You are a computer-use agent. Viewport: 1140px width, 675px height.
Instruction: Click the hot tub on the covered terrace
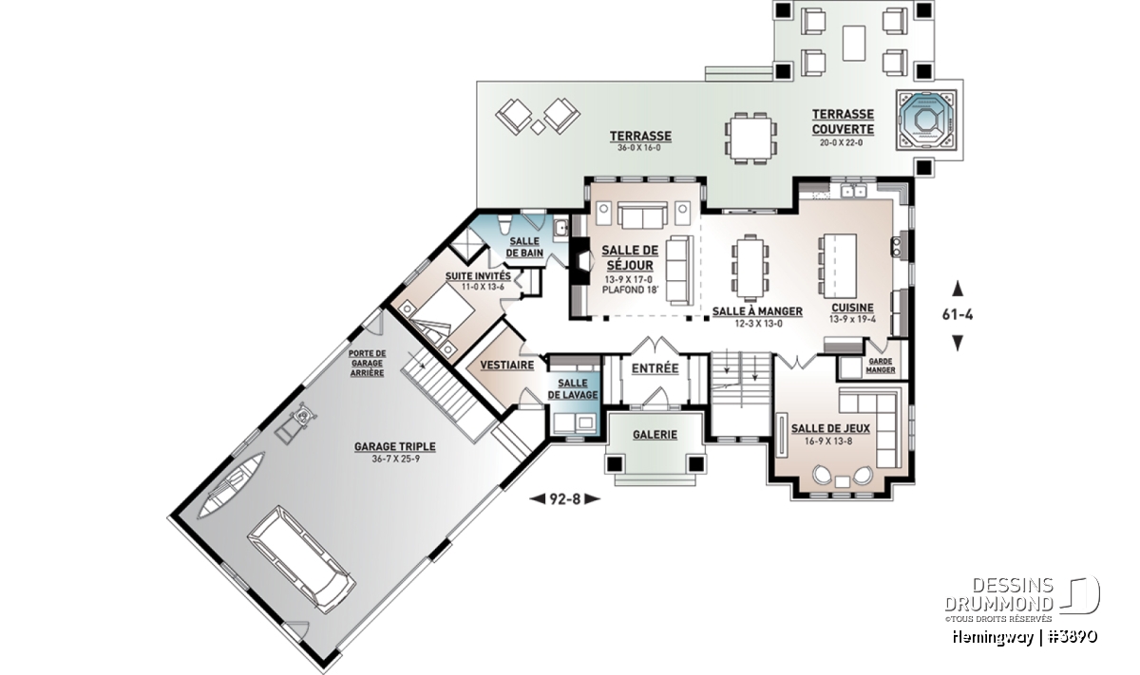pyautogui.click(x=926, y=121)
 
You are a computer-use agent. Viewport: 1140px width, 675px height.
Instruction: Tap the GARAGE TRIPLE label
pyautogui.click(x=395, y=446)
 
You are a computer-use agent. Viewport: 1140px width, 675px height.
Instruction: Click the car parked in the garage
pyautogui.click(x=301, y=559)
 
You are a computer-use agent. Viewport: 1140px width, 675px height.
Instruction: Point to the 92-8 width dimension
pyautogui.click(x=565, y=499)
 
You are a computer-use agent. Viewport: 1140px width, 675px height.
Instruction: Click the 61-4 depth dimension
pyautogui.click(x=958, y=315)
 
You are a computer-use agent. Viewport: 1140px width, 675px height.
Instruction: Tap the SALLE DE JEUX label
pyautogui.click(x=830, y=429)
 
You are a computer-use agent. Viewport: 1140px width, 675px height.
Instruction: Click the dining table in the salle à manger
pyautogui.click(x=750, y=268)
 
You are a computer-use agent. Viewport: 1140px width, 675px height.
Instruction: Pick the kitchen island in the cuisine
pyautogui.click(x=839, y=266)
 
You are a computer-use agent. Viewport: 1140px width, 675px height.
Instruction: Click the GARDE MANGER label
pyautogui.click(x=881, y=366)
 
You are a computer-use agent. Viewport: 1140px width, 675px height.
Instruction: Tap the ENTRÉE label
pyautogui.click(x=655, y=368)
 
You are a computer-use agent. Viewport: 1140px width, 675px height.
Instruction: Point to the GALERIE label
pyautogui.click(x=655, y=435)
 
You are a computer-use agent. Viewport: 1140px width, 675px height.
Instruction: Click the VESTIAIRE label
pyautogui.click(x=507, y=365)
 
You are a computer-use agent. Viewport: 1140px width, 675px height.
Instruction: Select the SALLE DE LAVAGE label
pyautogui.click(x=573, y=388)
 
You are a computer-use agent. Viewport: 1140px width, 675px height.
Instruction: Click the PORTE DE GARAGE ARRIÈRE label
pyautogui.click(x=367, y=364)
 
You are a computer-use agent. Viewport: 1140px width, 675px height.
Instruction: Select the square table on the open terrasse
pyautogui.click(x=750, y=139)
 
